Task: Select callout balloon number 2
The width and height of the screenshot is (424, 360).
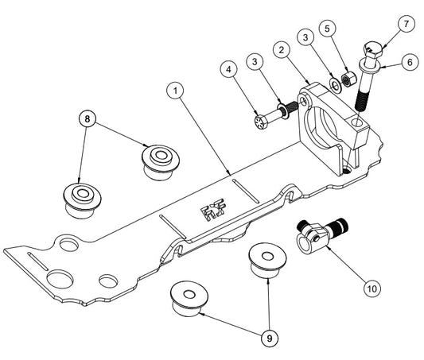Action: pyautogui.click(x=281, y=49)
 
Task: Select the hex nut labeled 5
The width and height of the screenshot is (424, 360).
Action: pyautogui.click(x=347, y=79)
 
